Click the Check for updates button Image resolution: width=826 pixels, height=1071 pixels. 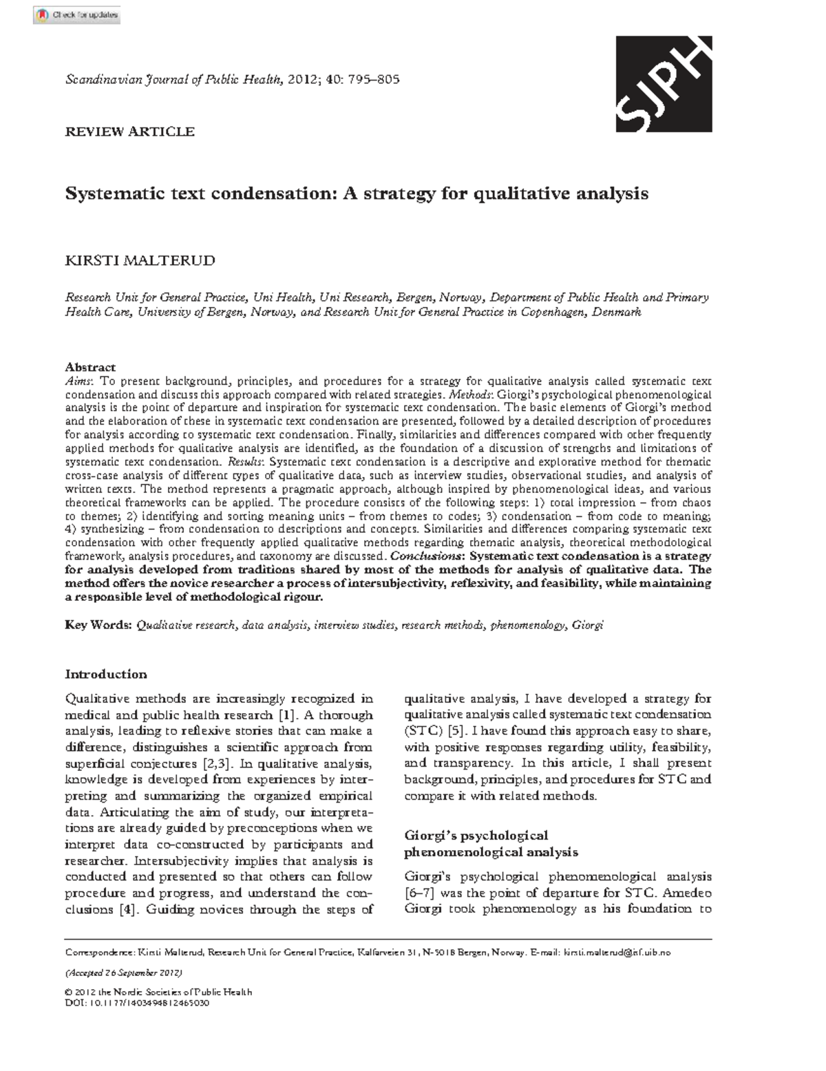(76, 15)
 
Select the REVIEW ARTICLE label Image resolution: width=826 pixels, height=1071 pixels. (129, 131)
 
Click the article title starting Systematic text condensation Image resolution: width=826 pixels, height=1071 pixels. (357, 193)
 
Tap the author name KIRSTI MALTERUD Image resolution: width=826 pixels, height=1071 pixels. (140, 261)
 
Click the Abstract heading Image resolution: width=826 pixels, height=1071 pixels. (90, 368)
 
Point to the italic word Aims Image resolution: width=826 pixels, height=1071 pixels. (76, 381)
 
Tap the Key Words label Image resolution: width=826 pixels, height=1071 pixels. (98, 625)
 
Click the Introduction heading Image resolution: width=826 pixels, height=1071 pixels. (106, 674)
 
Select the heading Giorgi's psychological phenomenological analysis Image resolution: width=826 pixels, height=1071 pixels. (490, 843)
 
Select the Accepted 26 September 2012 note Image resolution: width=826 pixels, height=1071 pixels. (123, 973)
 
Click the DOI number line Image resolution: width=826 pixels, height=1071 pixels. (136, 1003)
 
